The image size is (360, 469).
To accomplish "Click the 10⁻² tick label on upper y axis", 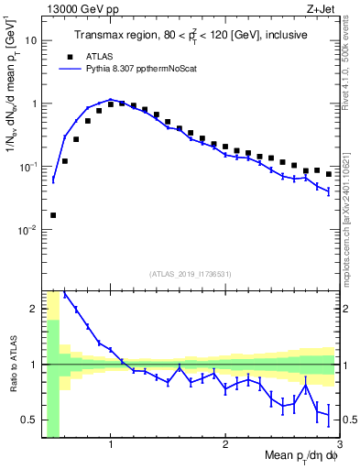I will [x=29, y=230].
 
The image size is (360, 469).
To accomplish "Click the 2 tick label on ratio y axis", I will [x=35, y=309].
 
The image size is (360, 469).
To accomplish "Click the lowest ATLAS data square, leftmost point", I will [x=53, y=215].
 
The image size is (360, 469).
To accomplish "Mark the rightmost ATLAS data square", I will [x=329, y=173].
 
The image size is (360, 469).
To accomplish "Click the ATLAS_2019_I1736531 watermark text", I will [x=191, y=274].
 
